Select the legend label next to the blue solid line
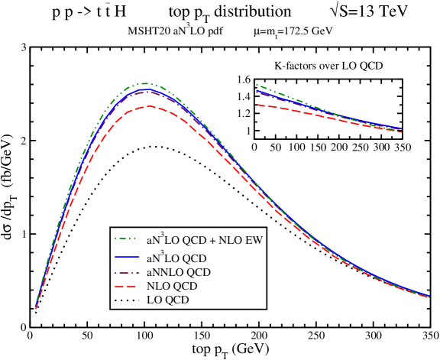[176, 259]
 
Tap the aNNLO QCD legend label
[179, 272]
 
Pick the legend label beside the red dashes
[172, 286]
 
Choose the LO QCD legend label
[167, 300]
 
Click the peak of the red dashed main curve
[150, 106]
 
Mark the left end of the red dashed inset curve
[257, 105]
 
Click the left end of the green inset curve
[257, 85]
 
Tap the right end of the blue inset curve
[400, 128]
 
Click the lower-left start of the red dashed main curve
[36, 309]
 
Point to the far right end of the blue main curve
[429, 296]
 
